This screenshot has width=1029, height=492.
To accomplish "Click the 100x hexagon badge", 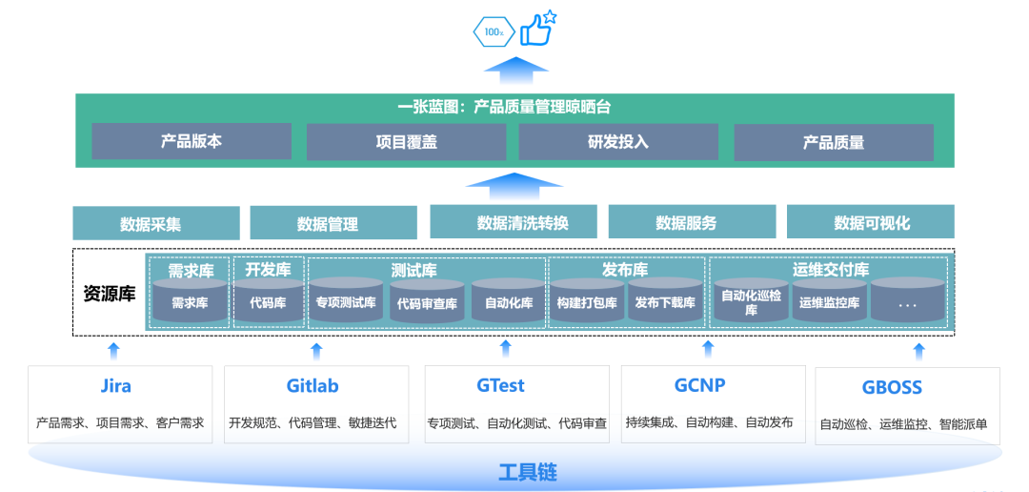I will coord(494,31).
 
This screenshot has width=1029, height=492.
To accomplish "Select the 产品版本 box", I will coord(191,141).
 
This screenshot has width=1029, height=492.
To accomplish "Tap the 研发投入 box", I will coord(617,141).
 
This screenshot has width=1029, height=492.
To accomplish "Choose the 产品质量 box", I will coord(833,142).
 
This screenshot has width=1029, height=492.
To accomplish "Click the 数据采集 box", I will coord(155,223).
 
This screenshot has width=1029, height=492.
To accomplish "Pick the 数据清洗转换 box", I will coord(513,222).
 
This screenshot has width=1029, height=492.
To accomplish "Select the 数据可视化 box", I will coord(871,222).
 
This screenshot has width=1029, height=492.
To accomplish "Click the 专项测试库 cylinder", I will coord(346,302).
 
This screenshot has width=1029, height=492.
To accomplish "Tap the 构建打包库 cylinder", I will coord(586,302).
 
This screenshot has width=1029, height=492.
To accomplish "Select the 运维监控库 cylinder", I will coord(829,302).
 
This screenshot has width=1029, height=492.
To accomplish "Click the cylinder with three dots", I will coord(906,302).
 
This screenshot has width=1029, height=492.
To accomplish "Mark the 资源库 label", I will coord(109,294).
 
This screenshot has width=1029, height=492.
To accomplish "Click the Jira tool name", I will coord(115,386).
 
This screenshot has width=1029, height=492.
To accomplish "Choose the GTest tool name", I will coord(500,386).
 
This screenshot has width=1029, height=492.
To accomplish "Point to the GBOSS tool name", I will coord(892,388).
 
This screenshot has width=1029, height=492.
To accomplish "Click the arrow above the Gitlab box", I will coord(316,349).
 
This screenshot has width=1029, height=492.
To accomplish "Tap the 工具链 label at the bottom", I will coord(527,472).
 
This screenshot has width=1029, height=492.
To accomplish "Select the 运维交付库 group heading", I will coord(830,270).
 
